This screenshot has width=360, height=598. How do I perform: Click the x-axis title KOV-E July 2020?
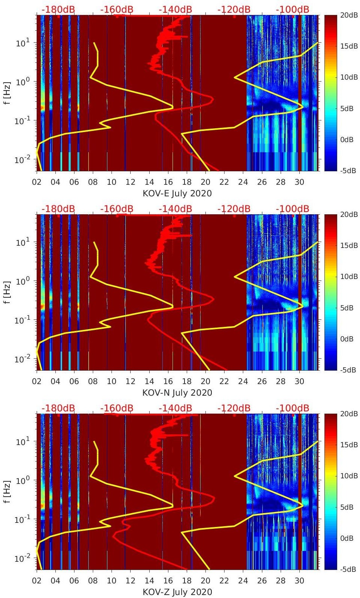tap(177, 193)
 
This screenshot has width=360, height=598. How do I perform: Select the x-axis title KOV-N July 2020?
tap(177, 393)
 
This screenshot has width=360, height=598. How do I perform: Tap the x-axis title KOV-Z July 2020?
tap(177, 592)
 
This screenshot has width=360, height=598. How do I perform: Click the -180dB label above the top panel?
tap(58, 9)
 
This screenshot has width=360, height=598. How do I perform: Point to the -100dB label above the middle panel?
tap(293, 209)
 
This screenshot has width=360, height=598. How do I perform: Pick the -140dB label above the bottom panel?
tap(175, 408)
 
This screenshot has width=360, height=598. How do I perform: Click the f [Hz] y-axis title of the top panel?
tap(7, 93)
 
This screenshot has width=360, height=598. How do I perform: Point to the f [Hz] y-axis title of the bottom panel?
tap(7, 491)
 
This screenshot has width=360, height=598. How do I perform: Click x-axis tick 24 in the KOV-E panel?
tap(243, 182)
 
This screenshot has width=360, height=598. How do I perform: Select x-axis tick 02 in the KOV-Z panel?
tap(37, 581)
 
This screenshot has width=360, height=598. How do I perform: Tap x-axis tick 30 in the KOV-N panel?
tap(299, 381)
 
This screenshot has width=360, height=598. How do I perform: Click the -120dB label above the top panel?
tap(234, 9)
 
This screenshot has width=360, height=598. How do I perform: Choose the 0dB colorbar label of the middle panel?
tap(349, 339)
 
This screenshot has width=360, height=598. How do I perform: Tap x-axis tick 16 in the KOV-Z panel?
tap(168, 581)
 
